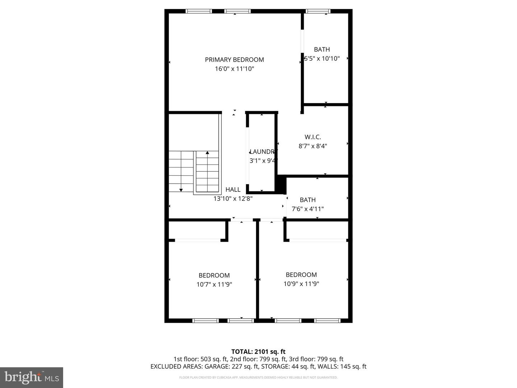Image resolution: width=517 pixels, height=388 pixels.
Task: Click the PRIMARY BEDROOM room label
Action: click(x=234, y=60)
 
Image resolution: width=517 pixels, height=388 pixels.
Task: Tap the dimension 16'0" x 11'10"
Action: click(x=234, y=69)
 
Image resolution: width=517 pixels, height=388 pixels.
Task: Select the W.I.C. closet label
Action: click(x=312, y=137)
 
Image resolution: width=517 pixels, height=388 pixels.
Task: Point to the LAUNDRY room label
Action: click(x=263, y=152)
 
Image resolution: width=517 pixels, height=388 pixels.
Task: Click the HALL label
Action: click(x=233, y=189)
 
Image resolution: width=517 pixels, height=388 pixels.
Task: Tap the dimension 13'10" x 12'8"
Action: click(x=233, y=198)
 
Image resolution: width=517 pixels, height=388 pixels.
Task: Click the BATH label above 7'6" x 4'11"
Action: click(x=308, y=200)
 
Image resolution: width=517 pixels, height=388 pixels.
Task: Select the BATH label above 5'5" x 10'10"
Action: click(x=322, y=50)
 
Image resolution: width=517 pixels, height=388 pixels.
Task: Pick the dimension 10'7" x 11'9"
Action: click(x=214, y=285)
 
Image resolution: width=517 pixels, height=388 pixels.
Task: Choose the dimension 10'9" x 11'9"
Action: click(x=301, y=284)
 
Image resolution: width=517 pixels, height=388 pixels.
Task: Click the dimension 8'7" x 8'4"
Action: click(x=312, y=146)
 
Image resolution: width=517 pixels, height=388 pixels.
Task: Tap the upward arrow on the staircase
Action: click(x=207, y=153)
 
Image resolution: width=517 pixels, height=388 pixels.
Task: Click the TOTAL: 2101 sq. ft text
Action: click(x=258, y=352)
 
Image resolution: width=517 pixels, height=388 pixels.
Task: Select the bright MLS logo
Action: click(x=32, y=377)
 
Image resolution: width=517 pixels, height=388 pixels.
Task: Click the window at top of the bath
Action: click(x=318, y=11)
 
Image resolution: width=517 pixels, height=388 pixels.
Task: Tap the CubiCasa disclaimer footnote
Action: click(x=258, y=378)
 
